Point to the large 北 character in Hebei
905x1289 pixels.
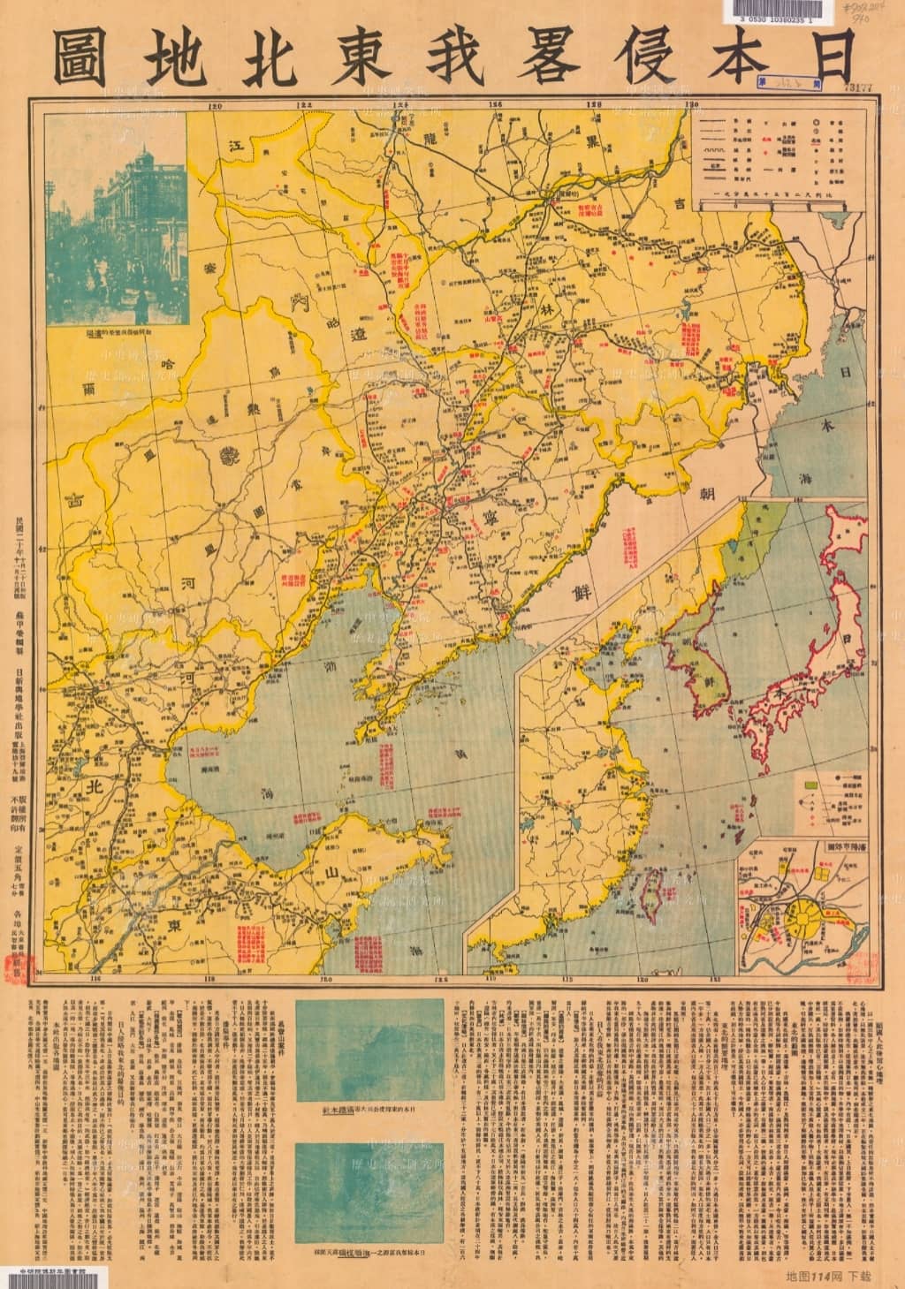pyautogui.click(x=91, y=785)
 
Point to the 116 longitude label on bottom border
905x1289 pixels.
pyautogui.click(x=90, y=978)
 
